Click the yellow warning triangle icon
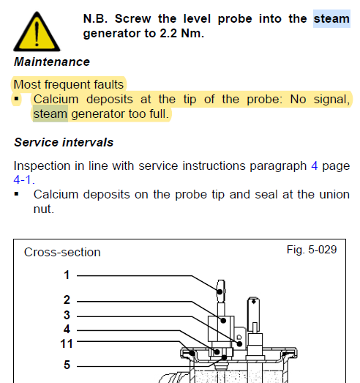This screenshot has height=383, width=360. [37, 31]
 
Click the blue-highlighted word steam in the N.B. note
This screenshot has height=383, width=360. [331, 19]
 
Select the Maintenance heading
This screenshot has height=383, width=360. [52, 62]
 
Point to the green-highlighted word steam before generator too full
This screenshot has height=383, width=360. [50, 114]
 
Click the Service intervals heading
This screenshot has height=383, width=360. [64, 142]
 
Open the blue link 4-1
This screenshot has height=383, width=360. [24, 180]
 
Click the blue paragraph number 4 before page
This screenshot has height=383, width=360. [315, 166]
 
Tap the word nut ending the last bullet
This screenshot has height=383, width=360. [43, 209]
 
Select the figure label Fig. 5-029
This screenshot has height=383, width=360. [312, 250]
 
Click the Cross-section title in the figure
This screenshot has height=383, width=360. [62, 253]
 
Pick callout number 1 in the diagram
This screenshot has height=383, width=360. [67, 275]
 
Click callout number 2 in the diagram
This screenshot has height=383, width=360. [67, 300]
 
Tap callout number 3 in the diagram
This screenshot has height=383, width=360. [67, 315]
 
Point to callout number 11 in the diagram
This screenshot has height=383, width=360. [67, 344]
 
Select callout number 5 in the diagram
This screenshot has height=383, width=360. [67, 365]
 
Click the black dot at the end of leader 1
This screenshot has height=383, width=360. [220, 291]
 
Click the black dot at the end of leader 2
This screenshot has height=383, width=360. [223, 321]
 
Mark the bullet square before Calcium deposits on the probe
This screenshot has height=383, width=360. [17, 195]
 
